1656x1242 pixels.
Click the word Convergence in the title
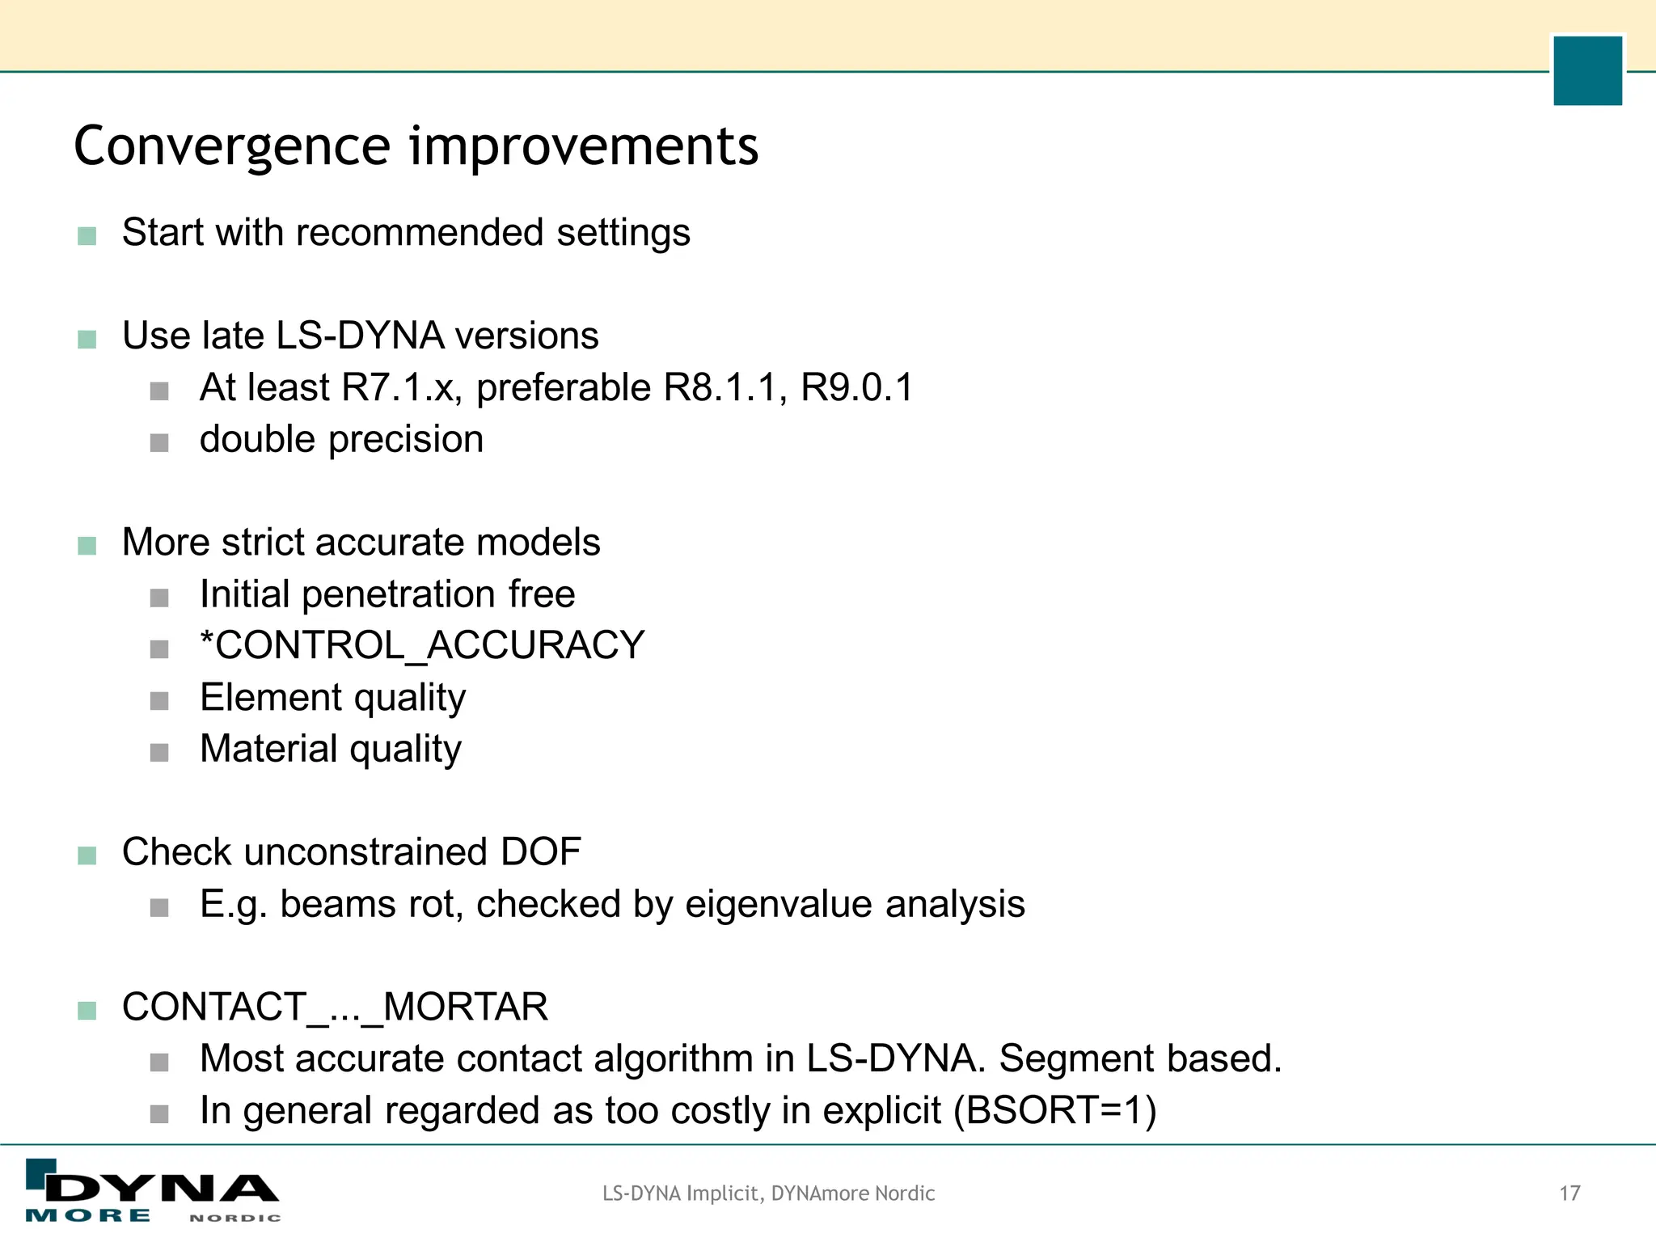(x=232, y=147)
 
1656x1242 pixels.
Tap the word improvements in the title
(x=584, y=147)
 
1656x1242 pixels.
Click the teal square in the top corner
(x=1587, y=70)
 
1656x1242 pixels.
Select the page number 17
(x=1569, y=1193)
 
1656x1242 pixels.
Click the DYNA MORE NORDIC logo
(x=153, y=1191)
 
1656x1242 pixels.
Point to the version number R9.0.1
(x=856, y=388)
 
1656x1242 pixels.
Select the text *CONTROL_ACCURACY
(x=422, y=646)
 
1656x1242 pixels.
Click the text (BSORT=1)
(x=1055, y=1111)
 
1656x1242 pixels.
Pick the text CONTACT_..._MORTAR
(x=335, y=1008)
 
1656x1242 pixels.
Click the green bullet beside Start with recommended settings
(x=87, y=236)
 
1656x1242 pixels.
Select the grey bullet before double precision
(x=159, y=443)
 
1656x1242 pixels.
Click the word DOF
(x=541, y=852)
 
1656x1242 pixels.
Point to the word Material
(x=268, y=750)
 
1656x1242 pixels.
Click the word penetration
(x=399, y=595)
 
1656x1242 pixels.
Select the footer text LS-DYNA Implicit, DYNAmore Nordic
(x=768, y=1193)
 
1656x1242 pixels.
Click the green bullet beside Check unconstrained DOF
(x=87, y=855)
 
